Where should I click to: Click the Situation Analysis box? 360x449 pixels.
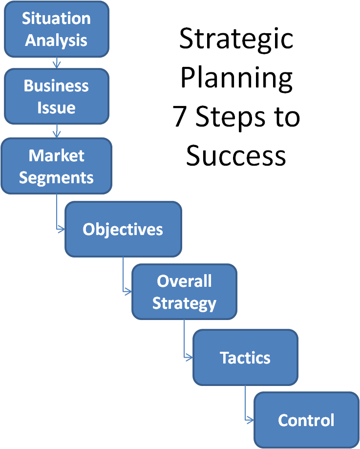coord(56,29)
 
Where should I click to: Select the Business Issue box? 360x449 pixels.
coord(56,96)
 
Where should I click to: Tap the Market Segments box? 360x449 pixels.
coord(56,166)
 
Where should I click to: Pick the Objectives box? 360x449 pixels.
coord(123,229)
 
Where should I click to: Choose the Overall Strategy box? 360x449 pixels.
coord(184,292)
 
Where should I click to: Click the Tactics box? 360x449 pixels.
coord(245,357)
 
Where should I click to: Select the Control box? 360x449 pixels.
coord(306,420)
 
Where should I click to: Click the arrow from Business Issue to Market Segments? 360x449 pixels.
coord(56,131)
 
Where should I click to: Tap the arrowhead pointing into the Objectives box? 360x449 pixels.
coord(62,228)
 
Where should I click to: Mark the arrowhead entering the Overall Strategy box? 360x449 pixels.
coord(128,292)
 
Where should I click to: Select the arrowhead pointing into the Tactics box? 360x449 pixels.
coord(190,357)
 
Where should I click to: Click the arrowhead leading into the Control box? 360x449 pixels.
coord(251,420)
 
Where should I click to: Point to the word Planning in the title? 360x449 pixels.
coord(236,78)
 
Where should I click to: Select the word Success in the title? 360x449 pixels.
coord(236,155)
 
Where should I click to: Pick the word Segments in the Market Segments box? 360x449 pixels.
coord(56,177)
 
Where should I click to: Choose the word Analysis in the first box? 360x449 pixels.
coord(56,40)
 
